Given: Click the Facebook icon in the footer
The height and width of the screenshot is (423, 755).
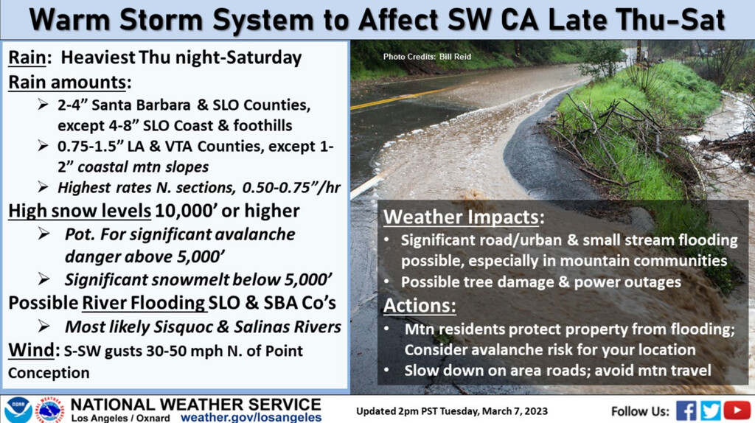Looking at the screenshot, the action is (x=686, y=410).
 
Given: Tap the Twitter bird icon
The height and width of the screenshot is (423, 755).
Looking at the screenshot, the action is (x=710, y=410).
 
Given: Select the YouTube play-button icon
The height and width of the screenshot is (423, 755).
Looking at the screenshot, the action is (x=737, y=410).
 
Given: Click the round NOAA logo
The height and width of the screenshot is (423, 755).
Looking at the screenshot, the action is (x=18, y=410).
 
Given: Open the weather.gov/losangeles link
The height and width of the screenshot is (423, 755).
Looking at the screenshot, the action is (x=251, y=417).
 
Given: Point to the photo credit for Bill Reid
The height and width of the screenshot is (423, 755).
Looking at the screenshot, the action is (x=427, y=56).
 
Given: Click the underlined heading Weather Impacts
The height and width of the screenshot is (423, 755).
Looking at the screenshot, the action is (x=461, y=217).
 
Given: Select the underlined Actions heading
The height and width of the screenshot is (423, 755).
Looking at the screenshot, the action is (x=420, y=306).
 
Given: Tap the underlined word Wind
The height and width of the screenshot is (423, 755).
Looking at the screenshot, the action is (x=31, y=350).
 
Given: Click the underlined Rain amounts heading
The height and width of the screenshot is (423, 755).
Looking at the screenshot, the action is (x=67, y=83).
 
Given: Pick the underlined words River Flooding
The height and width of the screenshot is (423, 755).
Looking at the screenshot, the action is (x=144, y=303).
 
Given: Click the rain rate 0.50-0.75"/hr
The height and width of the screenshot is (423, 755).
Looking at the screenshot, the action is (x=291, y=188).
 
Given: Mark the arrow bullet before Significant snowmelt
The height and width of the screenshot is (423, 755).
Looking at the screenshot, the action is (x=44, y=279).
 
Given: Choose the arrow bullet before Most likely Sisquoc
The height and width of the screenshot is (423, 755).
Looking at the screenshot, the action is (x=44, y=326).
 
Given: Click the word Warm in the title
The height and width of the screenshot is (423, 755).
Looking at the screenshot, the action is (x=70, y=20).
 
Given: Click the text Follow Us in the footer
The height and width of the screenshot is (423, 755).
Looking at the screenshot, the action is (x=640, y=411).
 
